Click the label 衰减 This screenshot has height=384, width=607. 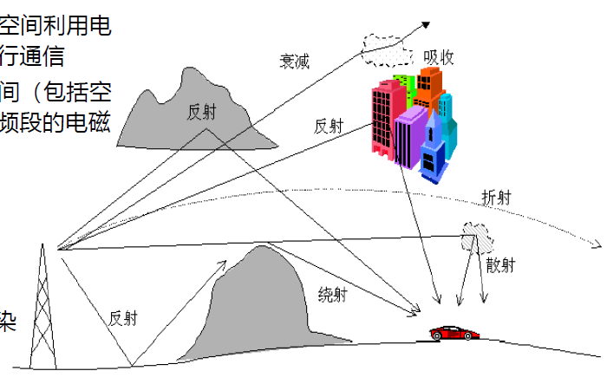294,61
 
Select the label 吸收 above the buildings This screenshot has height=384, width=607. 438,56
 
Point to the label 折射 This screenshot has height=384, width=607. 495,197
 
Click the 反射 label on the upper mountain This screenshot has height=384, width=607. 202,112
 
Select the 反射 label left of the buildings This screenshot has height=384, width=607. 329,126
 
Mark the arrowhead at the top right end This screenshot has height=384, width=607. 427,25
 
